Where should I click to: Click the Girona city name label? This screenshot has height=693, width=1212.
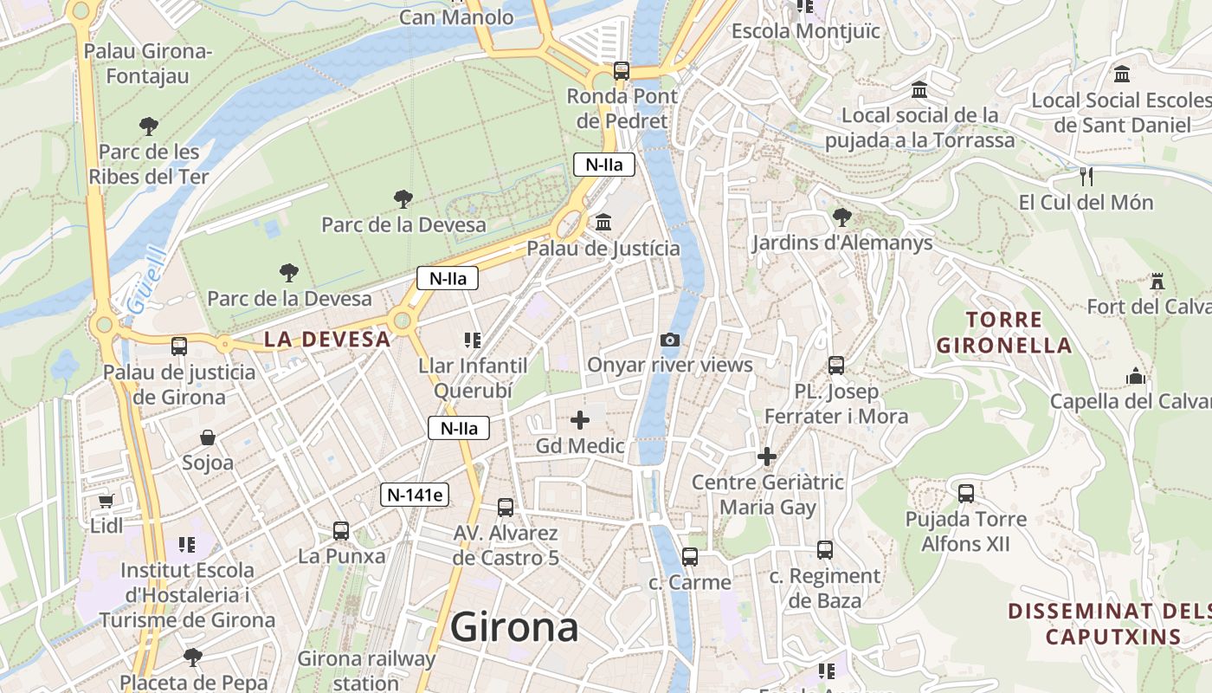click(x=514, y=627)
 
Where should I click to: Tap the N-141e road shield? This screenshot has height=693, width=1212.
click(x=415, y=495)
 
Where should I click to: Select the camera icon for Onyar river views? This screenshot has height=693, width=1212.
click(x=669, y=340)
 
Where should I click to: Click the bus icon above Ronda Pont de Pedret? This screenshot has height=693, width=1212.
click(x=621, y=70)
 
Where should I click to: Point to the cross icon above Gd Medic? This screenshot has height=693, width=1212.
click(x=580, y=421)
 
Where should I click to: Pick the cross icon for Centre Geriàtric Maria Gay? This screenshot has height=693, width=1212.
click(x=767, y=457)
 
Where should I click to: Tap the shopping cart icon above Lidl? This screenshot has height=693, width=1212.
click(x=106, y=501)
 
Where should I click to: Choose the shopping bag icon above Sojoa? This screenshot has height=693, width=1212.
click(x=208, y=437)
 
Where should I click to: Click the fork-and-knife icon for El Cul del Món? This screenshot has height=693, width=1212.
click(x=1086, y=177)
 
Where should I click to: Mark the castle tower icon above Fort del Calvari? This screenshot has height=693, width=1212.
click(x=1157, y=281)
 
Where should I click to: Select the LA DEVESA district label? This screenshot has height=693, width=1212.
click(x=327, y=340)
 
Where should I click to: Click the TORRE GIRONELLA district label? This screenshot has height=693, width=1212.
click(x=1004, y=333)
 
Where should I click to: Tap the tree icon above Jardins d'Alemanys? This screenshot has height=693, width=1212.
click(x=841, y=217)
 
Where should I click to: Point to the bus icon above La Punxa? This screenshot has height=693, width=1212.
click(x=341, y=530)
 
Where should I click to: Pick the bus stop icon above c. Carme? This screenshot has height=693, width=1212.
click(x=690, y=557)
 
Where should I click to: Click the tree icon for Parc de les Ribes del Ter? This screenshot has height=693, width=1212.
click(x=149, y=126)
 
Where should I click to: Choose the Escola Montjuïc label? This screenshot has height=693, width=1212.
click(x=805, y=31)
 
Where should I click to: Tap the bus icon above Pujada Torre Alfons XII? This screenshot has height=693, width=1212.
click(x=966, y=494)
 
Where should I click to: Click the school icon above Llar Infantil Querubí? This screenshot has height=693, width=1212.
click(x=472, y=340)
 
